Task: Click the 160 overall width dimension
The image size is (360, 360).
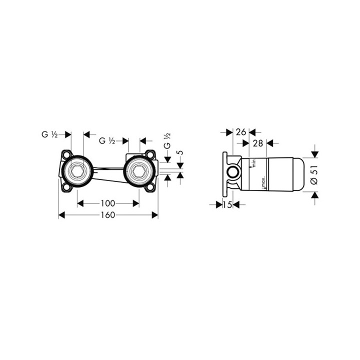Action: pos(108,215)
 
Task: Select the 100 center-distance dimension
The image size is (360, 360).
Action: pos(108,203)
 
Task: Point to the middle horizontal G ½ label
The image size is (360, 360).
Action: pos(107,141)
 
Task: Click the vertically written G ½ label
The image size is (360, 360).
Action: pos(167,141)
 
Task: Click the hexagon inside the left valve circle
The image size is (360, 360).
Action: pos(77,172)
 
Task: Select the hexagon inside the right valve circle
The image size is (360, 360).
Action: pos(138,172)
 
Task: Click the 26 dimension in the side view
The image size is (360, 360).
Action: pos(241,132)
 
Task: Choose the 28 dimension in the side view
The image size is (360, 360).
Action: pos(258,143)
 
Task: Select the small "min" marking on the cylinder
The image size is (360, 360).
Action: pos(254,162)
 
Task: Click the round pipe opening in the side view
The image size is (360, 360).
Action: pos(233,173)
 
